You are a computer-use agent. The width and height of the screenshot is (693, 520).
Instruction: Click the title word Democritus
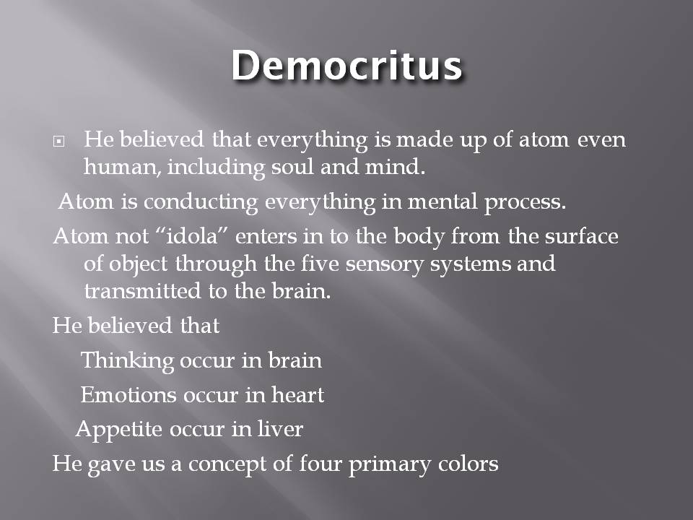point(346,66)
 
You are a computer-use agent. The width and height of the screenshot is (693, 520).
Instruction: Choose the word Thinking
point(127,360)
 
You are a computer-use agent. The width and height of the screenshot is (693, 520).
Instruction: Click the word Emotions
point(128,395)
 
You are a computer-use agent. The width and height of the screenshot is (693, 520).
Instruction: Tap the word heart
point(297,395)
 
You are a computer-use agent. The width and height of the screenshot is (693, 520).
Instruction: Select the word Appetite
point(120,430)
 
